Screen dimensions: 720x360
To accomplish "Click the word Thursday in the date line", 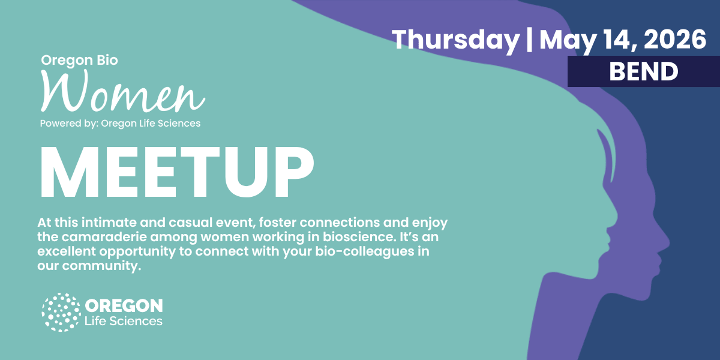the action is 455,40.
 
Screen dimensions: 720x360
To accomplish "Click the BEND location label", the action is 643,71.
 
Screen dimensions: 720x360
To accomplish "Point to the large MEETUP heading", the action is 177,173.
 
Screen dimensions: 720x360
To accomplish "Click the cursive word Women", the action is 123,91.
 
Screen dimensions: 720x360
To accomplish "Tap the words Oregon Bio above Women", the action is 79,61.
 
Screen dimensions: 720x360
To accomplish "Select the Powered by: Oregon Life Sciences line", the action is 120,124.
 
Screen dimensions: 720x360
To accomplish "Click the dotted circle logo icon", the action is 61,312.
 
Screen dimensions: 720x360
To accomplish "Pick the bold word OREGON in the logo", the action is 124,305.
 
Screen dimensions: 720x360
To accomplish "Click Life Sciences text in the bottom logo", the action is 124,321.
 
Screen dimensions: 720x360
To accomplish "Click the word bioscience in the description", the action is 358,237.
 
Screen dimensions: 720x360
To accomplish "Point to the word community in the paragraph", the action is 101,266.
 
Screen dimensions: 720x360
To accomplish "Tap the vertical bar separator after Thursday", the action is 529,40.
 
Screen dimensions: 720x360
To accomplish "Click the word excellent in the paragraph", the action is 67,251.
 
